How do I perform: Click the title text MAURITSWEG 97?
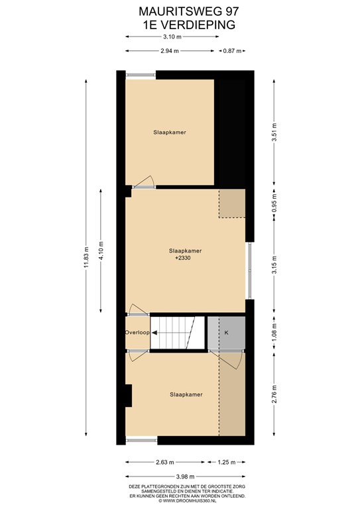(x=179, y=11)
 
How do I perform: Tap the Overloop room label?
(x=137, y=333)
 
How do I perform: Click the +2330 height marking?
(x=185, y=259)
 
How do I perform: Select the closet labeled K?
(x=226, y=332)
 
